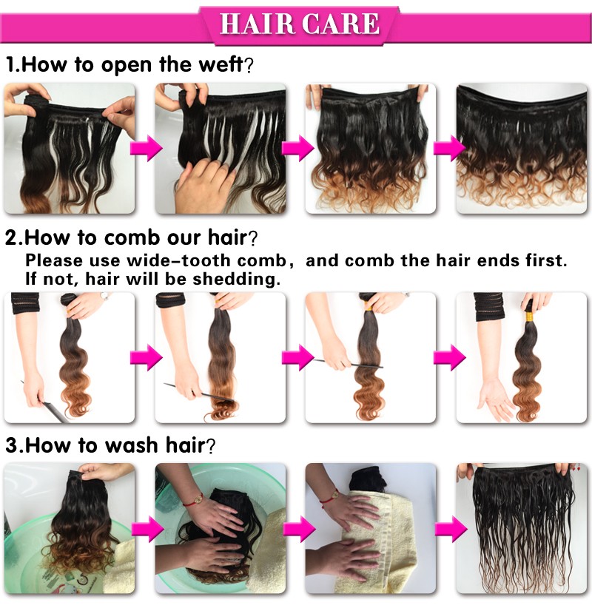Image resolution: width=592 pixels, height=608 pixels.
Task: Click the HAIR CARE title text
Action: [x=300, y=24]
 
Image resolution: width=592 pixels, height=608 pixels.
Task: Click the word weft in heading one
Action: [x=221, y=64]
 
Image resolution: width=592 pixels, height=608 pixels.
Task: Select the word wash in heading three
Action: [x=131, y=445]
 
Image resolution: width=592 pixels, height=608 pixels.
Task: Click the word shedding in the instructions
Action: [x=236, y=279]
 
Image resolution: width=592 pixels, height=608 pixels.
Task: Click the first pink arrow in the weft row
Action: [x=147, y=148]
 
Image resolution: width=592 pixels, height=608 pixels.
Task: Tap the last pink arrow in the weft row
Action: [x=450, y=148]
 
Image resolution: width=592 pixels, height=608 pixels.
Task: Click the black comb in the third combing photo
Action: [x=348, y=363]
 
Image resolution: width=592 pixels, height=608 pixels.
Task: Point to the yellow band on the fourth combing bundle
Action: [x=528, y=317]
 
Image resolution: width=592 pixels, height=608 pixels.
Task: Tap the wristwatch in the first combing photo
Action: [x=104, y=297]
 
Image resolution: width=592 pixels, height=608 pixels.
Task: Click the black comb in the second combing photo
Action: [x=198, y=392]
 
